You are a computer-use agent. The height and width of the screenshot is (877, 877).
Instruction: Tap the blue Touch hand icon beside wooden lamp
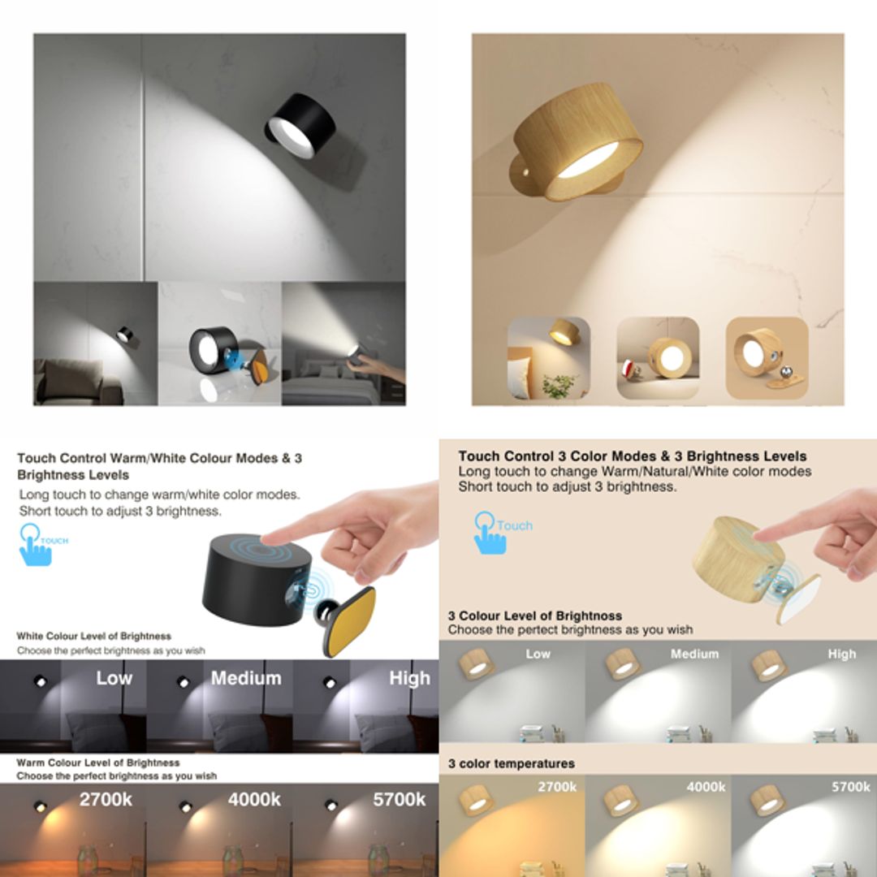tap(490, 533)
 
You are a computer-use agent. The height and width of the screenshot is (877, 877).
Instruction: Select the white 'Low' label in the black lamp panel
tap(114, 678)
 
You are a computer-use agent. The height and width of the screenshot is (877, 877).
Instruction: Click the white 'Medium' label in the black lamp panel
tap(246, 678)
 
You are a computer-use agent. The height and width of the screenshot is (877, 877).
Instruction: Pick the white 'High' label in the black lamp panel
tap(409, 678)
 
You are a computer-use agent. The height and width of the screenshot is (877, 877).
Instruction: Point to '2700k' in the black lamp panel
tap(106, 799)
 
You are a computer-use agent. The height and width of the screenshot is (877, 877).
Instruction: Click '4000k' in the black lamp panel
tap(254, 799)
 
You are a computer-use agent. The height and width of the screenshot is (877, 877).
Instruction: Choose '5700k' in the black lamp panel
tap(399, 799)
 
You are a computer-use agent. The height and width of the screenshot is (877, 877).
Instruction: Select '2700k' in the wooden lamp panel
tap(557, 787)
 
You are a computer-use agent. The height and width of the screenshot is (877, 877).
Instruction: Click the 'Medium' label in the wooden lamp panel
tap(694, 654)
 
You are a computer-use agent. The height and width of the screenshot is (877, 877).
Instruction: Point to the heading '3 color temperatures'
tap(511, 763)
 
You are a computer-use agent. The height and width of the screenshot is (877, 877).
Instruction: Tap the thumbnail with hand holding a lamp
tap(343, 343)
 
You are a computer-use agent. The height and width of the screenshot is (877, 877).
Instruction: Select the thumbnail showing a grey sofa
tap(95, 343)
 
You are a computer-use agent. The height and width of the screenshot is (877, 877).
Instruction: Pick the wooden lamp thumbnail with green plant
tap(549, 358)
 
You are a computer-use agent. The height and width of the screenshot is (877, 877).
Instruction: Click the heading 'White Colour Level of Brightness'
tap(94, 636)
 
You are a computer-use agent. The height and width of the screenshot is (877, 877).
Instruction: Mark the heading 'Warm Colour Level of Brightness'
tap(98, 763)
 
